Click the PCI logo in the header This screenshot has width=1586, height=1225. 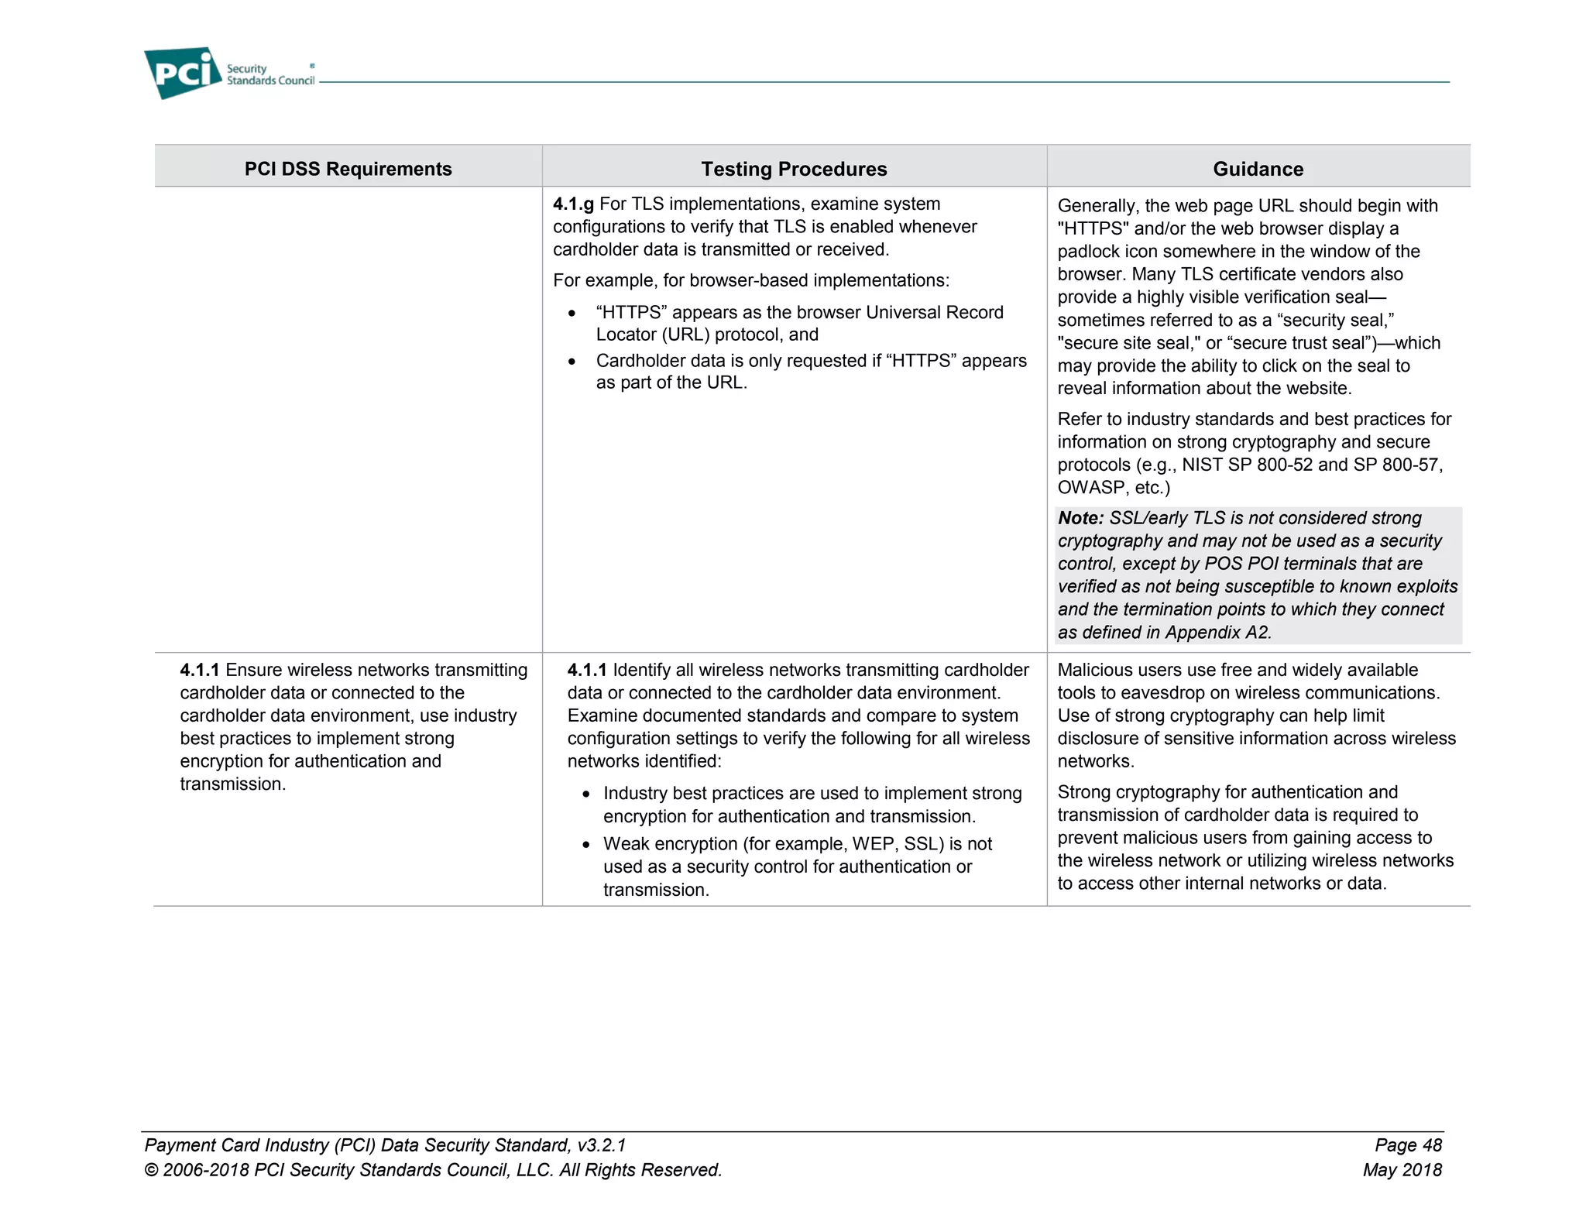(183, 73)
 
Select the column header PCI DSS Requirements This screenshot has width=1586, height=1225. (348, 169)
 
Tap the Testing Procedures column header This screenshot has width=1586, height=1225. (794, 169)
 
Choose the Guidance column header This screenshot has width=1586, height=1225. (1258, 169)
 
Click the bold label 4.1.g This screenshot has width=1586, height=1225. (573, 204)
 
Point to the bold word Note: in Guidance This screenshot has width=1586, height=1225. (1080, 518)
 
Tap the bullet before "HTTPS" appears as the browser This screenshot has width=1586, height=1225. (572, 314)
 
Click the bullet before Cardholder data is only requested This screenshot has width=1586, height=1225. (572, 362)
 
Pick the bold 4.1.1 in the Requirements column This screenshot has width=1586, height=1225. (199, 671)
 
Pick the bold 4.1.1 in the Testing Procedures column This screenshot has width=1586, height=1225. (586, 671)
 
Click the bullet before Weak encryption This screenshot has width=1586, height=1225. (586, 845)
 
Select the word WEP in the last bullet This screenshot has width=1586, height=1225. (873, 844)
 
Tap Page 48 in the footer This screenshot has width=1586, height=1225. (1408, 1145)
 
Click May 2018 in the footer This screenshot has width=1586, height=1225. (1402, 1170)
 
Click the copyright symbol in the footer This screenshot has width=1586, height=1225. (152, 1170)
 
